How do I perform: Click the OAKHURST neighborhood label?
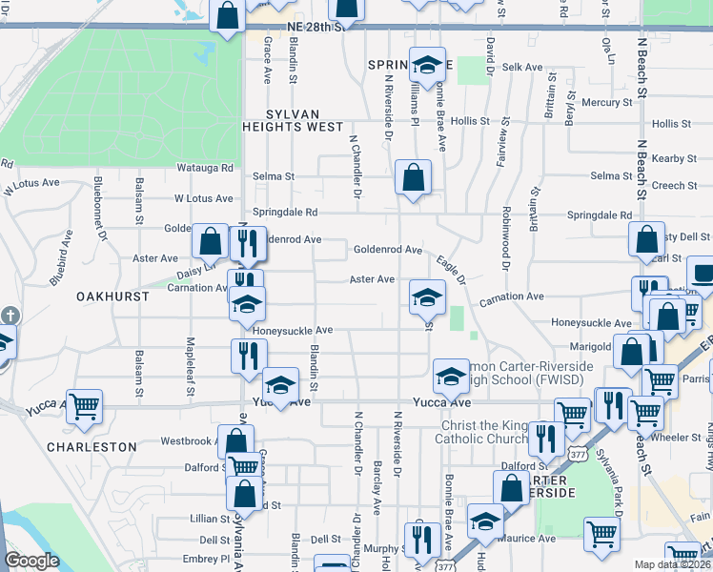[x=112, y=296]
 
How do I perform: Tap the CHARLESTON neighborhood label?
[x=92, y=446]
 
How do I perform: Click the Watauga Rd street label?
[x=205, y=168]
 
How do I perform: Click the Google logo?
[x=31, y=561]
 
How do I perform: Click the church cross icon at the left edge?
[x=9, y=315]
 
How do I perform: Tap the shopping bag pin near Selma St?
[x=413, y=177]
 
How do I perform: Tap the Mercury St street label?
[x=606, y=102]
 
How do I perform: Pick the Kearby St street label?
[x=671, y=158]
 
